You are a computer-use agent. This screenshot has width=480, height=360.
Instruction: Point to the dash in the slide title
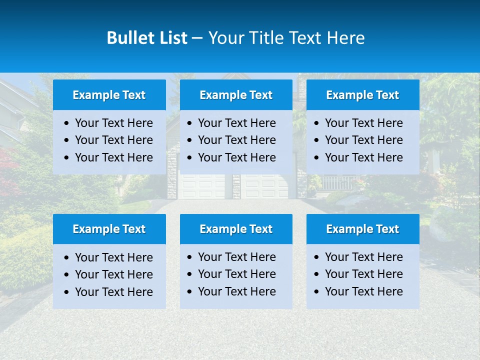tap(197, 38)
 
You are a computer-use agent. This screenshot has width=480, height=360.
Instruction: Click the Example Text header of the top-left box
tap(109, 95)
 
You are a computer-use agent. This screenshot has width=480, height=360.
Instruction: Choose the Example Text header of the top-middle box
tap(236, 95)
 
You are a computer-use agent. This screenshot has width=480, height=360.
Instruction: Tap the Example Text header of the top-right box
tap(362, 95)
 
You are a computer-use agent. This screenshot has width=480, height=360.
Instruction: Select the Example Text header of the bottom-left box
tap(109, 229)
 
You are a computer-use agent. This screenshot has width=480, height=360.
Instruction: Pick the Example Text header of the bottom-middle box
tap(236, 229)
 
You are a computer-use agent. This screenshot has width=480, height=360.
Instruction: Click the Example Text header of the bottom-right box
tap(362, 229)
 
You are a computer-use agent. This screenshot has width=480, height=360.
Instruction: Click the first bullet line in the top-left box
tap(113, 123)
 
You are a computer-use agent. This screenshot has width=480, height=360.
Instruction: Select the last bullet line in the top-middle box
tap(236, 157)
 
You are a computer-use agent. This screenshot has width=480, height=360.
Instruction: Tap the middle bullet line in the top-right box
tap(363, 140)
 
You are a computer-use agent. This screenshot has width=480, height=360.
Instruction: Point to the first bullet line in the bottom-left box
tap(113, 257)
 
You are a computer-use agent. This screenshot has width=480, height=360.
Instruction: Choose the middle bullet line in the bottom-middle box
tap(236, 274)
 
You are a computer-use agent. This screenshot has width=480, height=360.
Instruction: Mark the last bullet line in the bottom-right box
tap(363, 291)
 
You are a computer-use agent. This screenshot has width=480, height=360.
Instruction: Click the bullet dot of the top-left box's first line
tap(67, 123)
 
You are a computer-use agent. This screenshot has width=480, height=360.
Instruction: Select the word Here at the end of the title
tap(345, 38)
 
